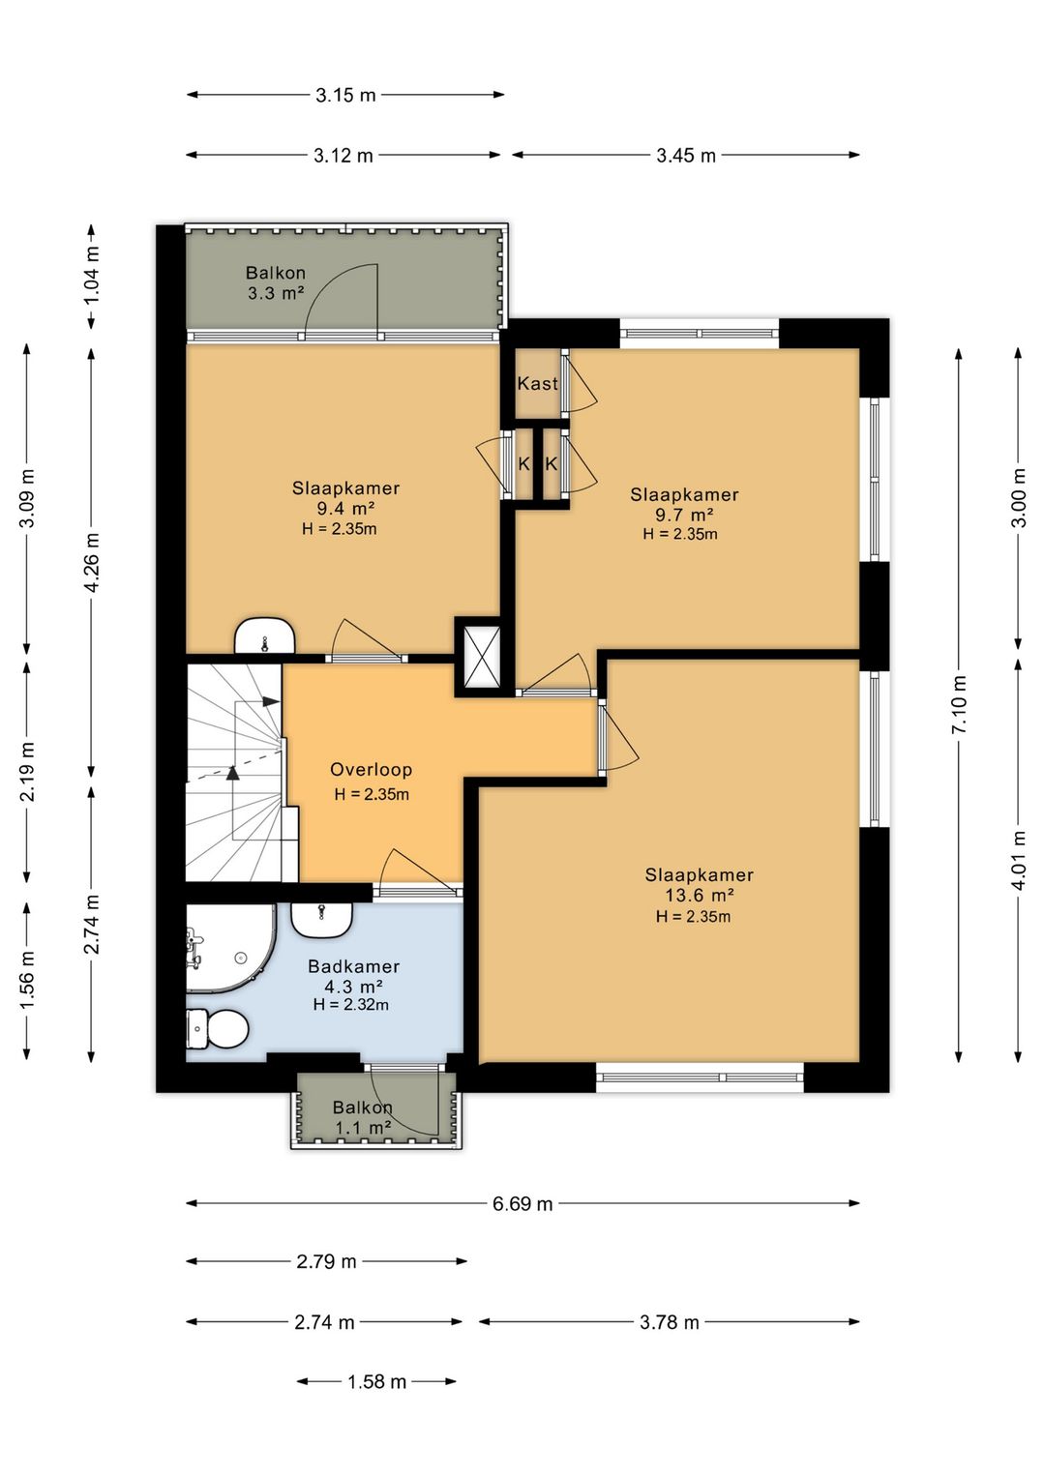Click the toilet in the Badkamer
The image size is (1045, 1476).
point(217,1027)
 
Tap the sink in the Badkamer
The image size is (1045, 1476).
point(322,919)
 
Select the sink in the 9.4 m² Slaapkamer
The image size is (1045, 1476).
point(264,635)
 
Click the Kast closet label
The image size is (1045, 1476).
point(537,383)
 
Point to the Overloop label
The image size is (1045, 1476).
point(372,769)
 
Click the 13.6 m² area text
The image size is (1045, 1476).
point(699,895)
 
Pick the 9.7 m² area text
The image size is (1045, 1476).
point(683,514)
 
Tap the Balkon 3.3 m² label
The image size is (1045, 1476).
point(276,282)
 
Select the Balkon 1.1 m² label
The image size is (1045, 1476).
point(363,1117)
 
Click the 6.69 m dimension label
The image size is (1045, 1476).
point(522,1204)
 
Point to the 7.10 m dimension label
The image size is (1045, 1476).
point(959,704)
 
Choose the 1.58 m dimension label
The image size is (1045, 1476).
point(376,1381)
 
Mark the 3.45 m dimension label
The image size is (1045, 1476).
point(686,156)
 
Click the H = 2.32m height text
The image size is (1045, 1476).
point(350,1005)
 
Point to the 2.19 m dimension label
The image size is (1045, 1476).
point(28,772)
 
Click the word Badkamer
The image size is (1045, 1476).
point(354,966)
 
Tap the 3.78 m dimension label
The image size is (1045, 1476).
point(670,1322)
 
